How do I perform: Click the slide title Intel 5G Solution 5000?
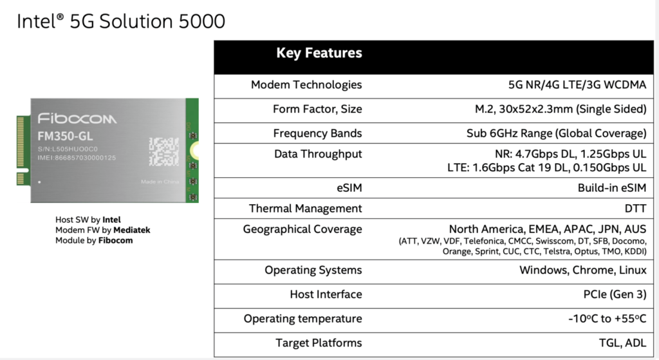(121, 21)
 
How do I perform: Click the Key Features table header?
(319, 53)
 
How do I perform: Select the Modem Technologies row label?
(306, 85)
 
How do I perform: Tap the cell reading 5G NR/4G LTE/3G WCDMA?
(577, 85)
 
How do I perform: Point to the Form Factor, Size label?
(317, 109)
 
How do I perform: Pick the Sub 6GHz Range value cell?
(557, 133)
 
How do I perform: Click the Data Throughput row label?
(318, 155)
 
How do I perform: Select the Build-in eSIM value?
(612, 188)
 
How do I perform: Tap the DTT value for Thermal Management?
(635, 209)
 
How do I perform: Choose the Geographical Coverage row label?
(302, 230)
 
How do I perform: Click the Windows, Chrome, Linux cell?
(583, 270)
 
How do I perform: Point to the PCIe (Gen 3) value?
(615, 294)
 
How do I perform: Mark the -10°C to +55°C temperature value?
(608, 319)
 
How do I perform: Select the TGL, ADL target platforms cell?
(622, 343)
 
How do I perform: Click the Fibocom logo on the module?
(77, 118)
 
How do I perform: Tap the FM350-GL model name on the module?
(65, 137)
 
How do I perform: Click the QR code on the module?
(164, 151)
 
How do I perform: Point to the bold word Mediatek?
(131, 230)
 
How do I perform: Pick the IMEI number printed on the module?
(77, 158)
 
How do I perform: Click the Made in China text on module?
(160, 182)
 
